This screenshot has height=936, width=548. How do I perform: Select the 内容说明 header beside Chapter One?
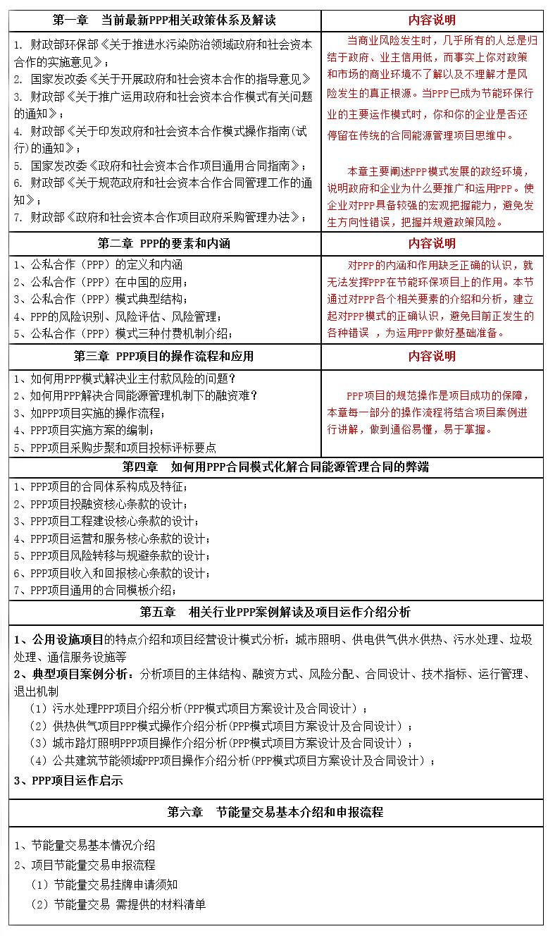432,20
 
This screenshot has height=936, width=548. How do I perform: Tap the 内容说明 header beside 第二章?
432,244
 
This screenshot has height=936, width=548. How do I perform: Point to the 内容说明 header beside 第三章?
432,357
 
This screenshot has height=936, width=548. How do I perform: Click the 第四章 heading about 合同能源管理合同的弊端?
275,467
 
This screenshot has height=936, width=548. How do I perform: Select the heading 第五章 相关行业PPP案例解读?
275,612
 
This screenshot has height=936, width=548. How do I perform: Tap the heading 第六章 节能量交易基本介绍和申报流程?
275,812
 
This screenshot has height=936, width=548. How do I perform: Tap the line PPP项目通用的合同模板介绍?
94,590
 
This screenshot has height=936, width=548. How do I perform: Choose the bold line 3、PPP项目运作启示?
68,780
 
